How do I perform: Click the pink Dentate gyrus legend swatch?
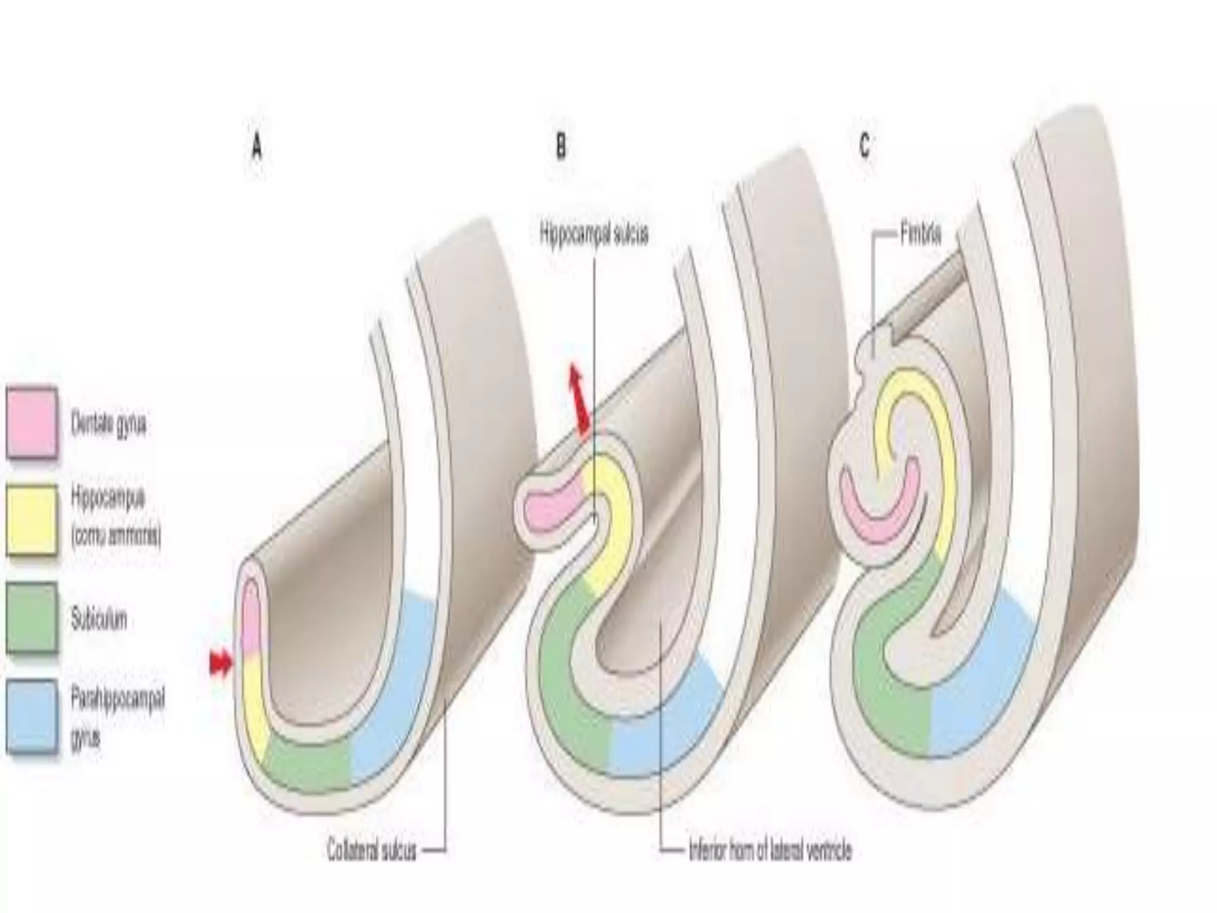tap(32, 422)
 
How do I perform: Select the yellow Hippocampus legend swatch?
tap(32, 520)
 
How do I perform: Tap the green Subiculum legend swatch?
tap(32, 617)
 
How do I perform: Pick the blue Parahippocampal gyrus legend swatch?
tap(32, 716)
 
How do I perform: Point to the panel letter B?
tap(560, 146)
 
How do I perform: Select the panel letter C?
tap(865, 146)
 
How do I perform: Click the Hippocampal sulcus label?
tap(594, 234)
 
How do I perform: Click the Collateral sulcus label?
tap(371, 850)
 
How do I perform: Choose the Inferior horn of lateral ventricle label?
tap(770, 851)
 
